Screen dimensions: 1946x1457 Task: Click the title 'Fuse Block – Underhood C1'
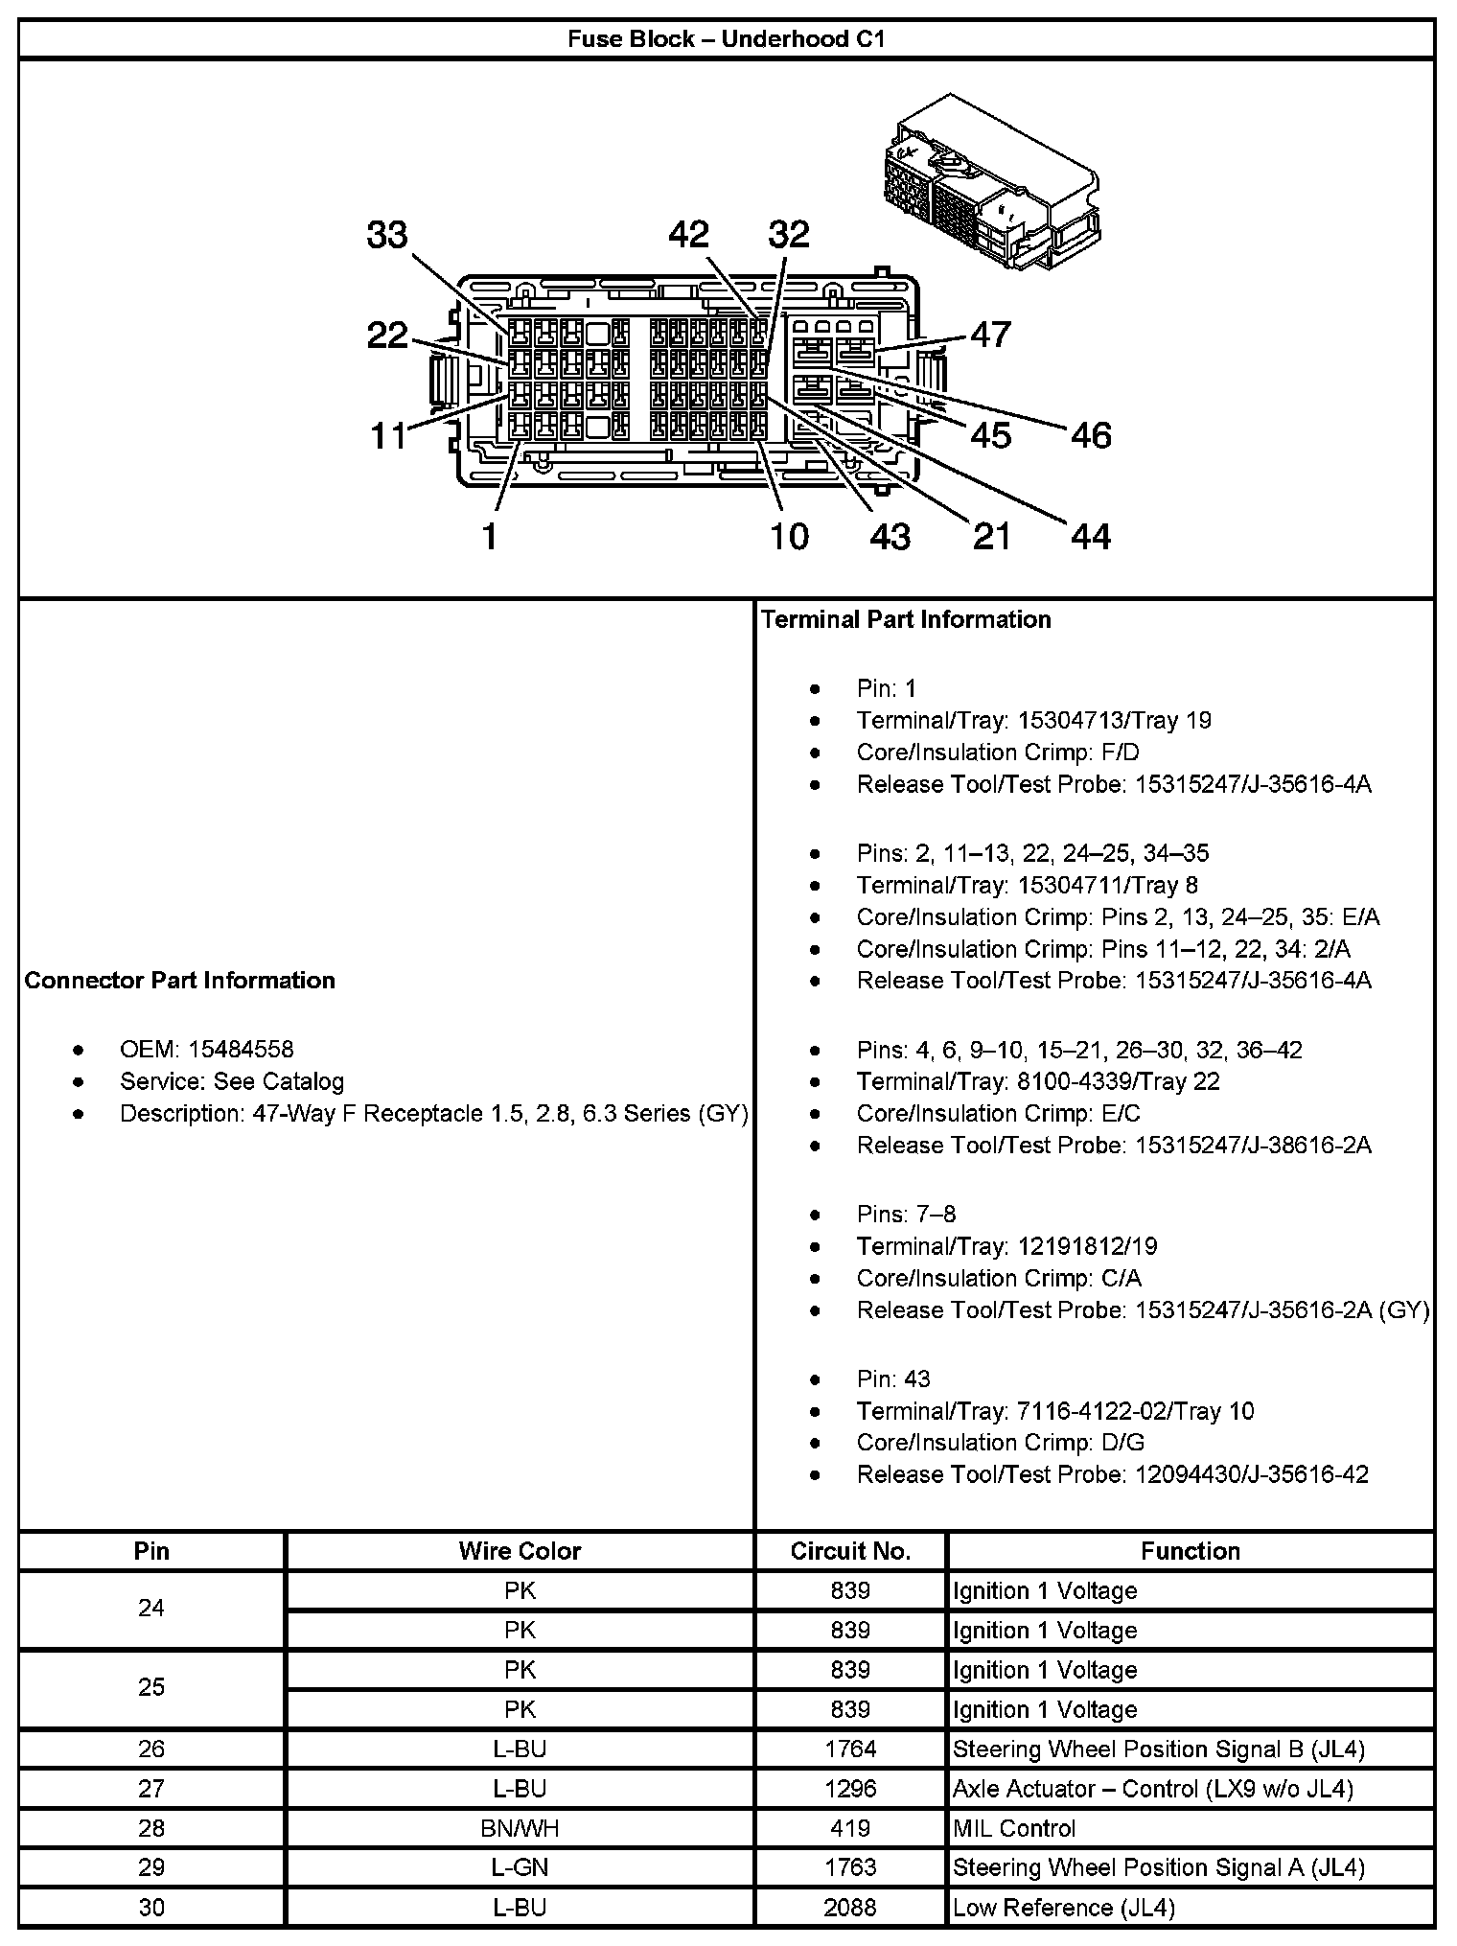click(x=727, y=39)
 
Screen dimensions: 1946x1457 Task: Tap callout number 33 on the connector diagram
click(x=387, y=235)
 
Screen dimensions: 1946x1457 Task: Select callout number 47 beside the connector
click(x=990, y=335)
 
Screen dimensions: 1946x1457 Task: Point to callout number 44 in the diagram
click(x=1091, y=536)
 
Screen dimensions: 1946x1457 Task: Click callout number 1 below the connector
click(x=490, y=536)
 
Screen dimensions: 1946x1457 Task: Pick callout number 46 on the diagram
click(x=1091, y=435)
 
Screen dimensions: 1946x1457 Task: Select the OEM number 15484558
click(x=241, y=1050)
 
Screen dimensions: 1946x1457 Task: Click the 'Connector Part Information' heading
click(x=180, y=980)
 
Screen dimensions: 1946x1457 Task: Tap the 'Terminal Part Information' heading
click(x=906, y=619)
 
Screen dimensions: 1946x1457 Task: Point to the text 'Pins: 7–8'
click(x=906, y=1215)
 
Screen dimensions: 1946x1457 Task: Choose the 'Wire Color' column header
click(x=520, y=1551)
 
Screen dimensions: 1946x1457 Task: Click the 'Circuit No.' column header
click(x=850, y=1551)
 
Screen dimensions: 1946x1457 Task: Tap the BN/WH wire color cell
click(x=520, y=1828)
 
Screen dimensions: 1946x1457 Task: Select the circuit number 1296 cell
click(x=850, y=1789)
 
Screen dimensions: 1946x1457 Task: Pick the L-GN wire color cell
click(x=520, y=1867)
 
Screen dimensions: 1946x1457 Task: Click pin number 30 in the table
click(x=151, y=1908)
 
